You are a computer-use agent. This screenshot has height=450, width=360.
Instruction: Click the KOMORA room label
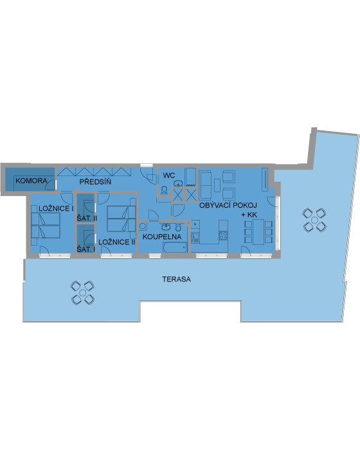(32, 181)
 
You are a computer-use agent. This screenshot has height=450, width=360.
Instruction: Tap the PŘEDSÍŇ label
(95, 182)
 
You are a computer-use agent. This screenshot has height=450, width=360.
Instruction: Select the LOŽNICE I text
(56, 208)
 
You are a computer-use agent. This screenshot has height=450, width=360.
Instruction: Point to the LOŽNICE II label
(116, 242)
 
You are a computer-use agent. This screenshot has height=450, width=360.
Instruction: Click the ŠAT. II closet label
(87, 218)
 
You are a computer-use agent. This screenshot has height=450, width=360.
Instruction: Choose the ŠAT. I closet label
(86, 249)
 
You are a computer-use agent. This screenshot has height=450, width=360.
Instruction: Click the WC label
(169, 175)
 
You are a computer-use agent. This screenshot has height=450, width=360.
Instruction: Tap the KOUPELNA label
(162, 237)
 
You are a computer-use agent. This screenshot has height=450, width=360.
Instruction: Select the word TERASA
(176, 279)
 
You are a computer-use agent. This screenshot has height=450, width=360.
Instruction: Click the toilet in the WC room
(164, 190)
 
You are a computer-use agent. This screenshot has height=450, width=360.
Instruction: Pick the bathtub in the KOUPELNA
(175, 248)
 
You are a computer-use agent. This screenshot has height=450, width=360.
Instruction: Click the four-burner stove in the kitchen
(223, 236)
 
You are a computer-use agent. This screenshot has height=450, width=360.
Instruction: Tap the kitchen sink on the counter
(195, 237)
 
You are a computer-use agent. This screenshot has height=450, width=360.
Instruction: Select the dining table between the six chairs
(258, 232)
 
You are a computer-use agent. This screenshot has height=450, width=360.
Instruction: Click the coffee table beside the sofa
(217, 185)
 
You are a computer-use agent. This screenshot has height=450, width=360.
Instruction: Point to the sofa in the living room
(205, 185)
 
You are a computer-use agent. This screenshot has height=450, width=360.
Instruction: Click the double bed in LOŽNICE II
(121, 219)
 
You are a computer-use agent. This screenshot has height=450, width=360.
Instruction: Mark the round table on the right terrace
(314, 221)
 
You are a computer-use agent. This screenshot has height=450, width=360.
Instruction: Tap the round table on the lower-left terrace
(83, 292)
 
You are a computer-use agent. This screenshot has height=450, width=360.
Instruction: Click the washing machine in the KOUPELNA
(143, 226)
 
